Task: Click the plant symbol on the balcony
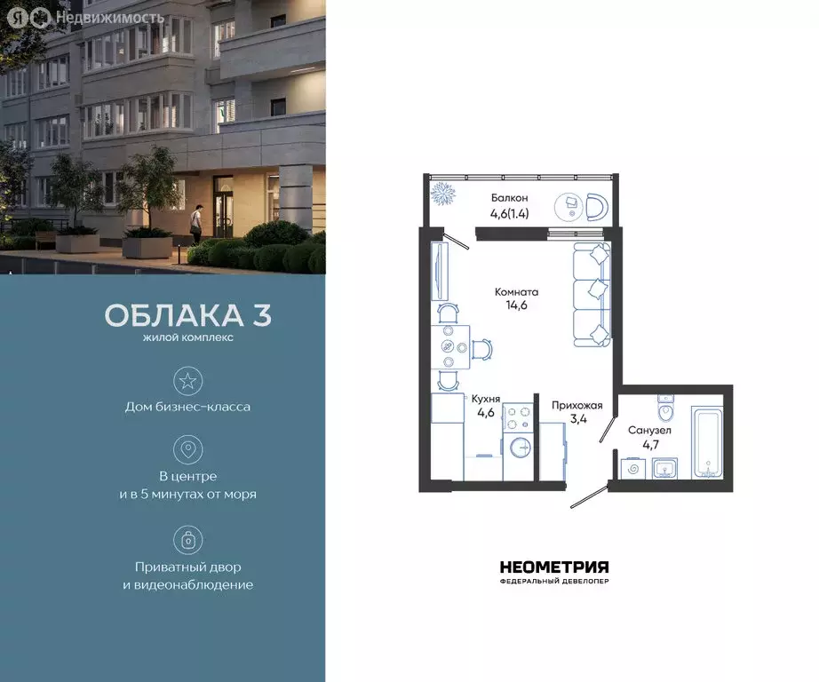441,194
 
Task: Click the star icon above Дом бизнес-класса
187,381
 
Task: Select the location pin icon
187,448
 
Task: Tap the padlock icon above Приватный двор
187,539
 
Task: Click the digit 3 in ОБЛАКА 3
261,316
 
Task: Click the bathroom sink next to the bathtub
664,467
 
